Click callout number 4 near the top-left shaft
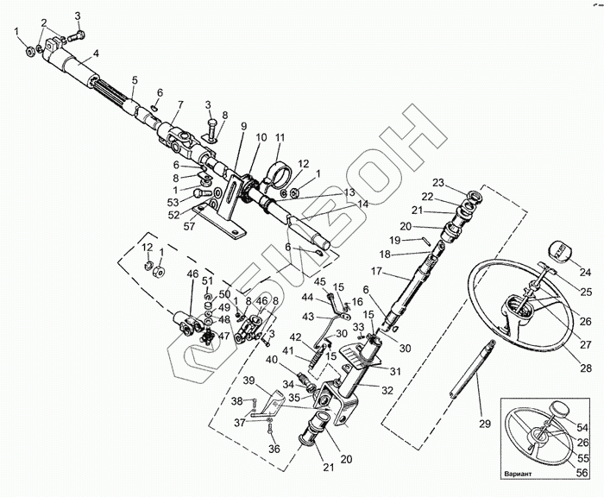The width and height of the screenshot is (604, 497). [97, 53]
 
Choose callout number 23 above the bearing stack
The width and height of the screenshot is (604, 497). [437, 183]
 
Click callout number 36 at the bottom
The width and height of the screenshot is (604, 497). [275, 449]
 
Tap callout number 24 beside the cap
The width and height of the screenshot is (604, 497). [585, 271]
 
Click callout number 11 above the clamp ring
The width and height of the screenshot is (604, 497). [280, 138]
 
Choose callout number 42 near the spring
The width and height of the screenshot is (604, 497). [294, 337]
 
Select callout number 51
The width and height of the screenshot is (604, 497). [207, 280]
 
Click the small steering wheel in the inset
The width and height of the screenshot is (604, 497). [538, 437]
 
